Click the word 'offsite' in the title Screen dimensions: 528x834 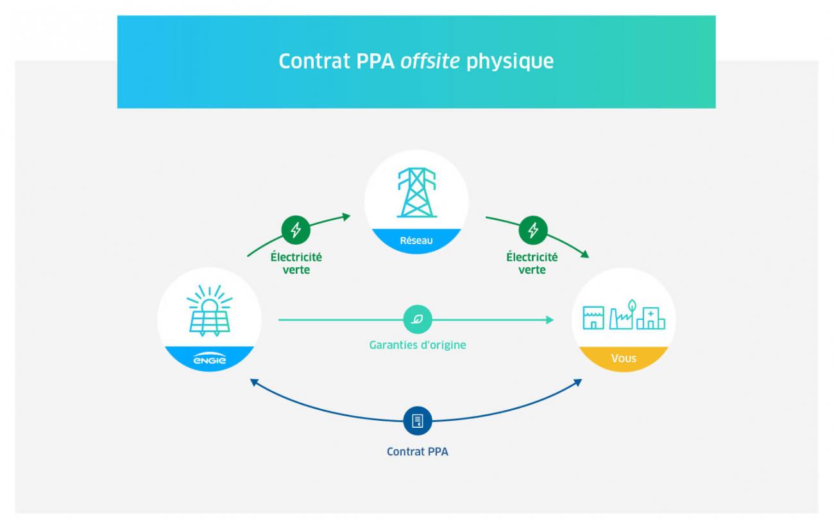(x=430, y=61)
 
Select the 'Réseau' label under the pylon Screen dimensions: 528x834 (x=416, y=241)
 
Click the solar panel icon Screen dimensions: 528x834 (x=209, y=311)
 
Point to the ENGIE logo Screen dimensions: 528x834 (x=209, y=360)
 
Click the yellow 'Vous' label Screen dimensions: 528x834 (x=623, y=358)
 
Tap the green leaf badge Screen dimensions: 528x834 (x=417, y=319)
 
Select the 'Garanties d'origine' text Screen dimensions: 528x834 (x=417, y=345)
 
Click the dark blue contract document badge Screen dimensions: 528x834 (x=417, y=421)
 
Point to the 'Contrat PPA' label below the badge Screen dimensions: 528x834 (x=417, y=452)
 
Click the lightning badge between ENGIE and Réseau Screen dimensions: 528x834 (x=296, y=229)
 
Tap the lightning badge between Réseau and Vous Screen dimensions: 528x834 (x=532, y=229)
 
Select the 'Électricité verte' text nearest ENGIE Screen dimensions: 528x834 (x=296, y=263)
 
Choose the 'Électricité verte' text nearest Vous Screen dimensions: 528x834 (x=532, y=263)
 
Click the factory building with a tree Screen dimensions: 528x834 (x=621, y=315)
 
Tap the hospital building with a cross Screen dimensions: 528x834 (x=651, y=317)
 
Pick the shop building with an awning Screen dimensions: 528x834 (x=593, y=317)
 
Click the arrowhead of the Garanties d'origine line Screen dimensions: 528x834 (x=550, y=319)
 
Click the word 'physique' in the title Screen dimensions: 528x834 (x=509, y=61)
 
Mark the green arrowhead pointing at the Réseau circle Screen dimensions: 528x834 (x=347, y=216)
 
